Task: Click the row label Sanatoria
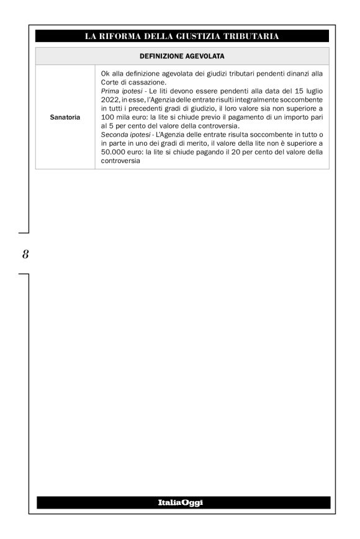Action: pos(65,115)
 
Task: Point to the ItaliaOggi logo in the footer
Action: pos(182,502)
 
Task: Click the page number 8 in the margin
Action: pos(25,254)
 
